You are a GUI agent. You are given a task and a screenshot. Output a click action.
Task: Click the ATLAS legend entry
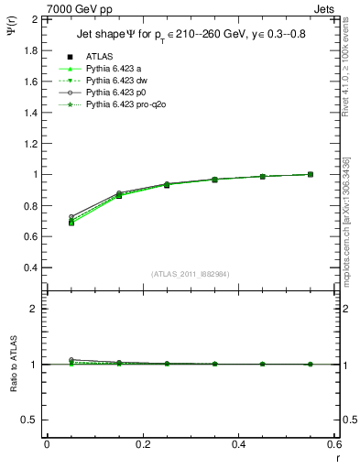(100, 56)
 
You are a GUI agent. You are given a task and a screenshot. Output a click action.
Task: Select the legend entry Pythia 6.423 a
(115, 69)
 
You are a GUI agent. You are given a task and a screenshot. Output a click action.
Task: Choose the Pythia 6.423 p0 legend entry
(116, 93)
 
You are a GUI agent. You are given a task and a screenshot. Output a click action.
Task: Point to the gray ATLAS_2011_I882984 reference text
(191, 274)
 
